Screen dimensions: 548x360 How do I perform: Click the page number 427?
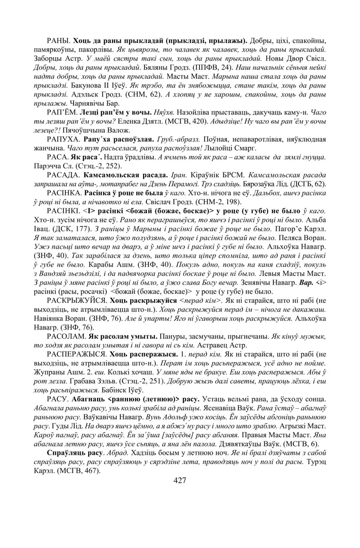point(180,480)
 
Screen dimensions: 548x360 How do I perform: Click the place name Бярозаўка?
point(262,184)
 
